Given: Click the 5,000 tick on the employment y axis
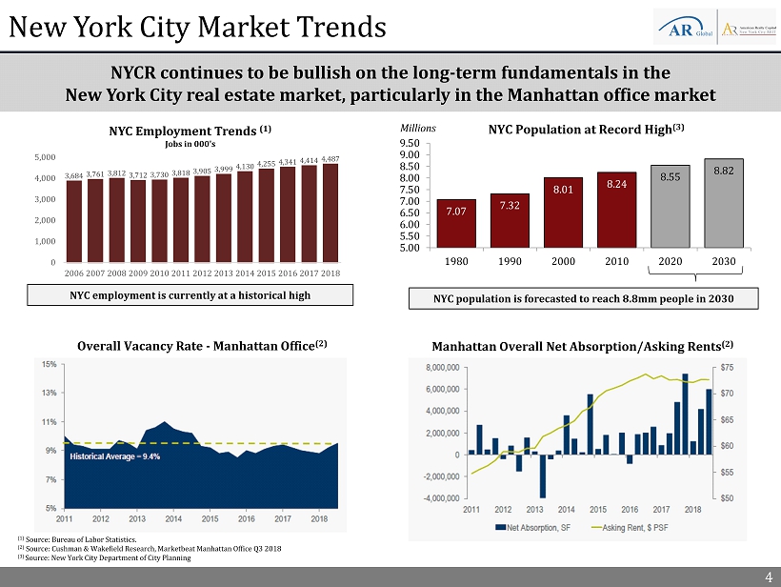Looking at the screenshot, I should (x=44, y=156).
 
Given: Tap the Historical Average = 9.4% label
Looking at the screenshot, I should (x=114, y=456).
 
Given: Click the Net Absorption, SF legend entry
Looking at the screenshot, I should (x=529, y=527).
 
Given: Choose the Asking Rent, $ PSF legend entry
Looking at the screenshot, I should (x=633, y=527).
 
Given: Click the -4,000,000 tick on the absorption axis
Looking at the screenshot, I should (x=433, y=498).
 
